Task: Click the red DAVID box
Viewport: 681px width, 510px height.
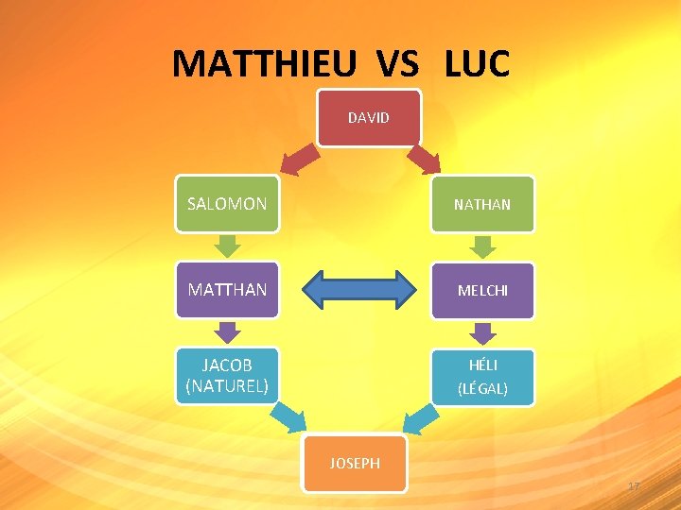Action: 368,118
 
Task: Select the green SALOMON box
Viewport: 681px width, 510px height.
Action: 227,203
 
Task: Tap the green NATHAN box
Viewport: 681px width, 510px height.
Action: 482,203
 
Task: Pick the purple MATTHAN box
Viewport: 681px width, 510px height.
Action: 227,290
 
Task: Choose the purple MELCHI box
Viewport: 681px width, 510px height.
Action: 482,290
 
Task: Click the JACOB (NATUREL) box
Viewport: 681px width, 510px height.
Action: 227,376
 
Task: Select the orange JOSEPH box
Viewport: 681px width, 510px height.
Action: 355,463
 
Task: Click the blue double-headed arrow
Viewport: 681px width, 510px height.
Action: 363,290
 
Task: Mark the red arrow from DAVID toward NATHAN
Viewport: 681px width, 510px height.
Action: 425,158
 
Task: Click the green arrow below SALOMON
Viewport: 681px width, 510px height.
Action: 228,246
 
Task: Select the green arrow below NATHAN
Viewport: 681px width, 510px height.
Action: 483,246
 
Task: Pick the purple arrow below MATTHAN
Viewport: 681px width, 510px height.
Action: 228,332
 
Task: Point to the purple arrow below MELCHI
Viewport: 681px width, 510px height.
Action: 483,332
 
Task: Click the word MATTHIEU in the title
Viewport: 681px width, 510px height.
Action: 266,64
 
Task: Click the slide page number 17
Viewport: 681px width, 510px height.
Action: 634,486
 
